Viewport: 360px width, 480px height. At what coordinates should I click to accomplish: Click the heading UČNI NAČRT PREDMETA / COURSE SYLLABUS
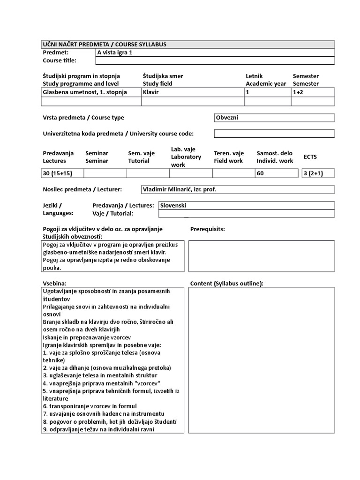click(x=105, y=45)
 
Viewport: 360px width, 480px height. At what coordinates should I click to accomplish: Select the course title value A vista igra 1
click(x=115, y=52)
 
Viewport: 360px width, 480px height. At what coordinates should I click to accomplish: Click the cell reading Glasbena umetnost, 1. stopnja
click(x=85, y=92)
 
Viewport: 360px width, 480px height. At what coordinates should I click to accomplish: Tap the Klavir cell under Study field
click(x=151, y=92)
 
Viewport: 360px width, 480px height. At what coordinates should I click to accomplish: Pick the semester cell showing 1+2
click(x=299, y=92)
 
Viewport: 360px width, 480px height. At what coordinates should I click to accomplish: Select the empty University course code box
click(x=274, y=134)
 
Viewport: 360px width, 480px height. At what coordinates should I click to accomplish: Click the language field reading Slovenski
click(x=173, y=205)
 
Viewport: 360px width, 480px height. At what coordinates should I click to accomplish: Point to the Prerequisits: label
click(x=208, y=229)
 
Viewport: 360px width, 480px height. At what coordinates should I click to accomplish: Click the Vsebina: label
click(x=55, y=283)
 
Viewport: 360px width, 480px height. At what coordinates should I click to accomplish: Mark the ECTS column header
click(x=310, y=157)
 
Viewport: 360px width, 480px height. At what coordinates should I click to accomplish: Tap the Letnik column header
click(x=255, y=76)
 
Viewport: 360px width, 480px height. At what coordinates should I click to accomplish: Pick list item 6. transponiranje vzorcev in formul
click(x=90, y=406)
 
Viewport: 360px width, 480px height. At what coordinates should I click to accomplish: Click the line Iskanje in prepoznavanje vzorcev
click(x=87, y=337)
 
